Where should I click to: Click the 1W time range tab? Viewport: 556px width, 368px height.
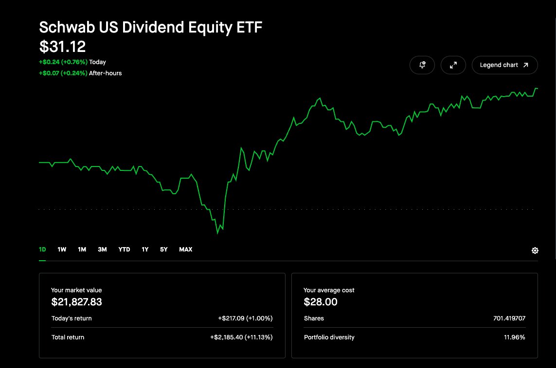62,250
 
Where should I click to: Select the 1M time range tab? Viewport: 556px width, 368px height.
82,250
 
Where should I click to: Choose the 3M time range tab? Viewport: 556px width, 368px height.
102,250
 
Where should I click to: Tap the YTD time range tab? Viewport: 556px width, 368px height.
124,250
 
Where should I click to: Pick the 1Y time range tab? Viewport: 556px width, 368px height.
145,250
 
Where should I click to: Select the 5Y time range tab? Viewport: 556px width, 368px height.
163,250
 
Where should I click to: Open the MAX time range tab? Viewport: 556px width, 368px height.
185,250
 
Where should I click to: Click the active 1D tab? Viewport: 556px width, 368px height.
42,250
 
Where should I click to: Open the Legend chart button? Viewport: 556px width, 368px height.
504,65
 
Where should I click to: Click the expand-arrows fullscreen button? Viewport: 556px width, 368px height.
453,65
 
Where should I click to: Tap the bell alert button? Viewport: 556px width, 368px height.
422,65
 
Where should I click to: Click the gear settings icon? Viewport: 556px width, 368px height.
535,251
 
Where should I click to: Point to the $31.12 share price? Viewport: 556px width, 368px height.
62,47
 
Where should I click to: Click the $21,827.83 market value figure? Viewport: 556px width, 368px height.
76,302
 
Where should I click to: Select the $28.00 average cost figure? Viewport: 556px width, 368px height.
321,302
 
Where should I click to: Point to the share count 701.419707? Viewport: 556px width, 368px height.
509,318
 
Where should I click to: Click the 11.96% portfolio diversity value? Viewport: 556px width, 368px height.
515,337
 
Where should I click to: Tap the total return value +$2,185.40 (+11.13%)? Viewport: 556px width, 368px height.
241,337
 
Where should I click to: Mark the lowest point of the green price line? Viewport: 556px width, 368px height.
218,233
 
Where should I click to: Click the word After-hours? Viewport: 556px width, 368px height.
105,73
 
